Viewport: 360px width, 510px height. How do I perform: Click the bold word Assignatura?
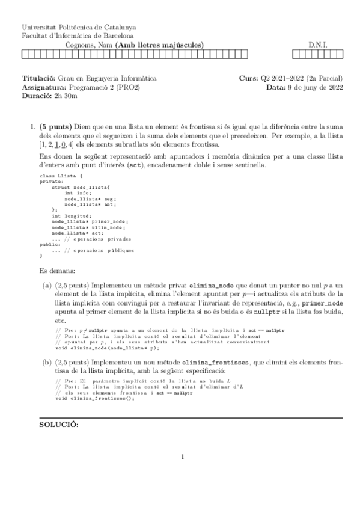43,87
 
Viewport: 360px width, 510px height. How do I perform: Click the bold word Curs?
248,79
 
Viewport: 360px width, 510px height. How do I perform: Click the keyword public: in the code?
49,244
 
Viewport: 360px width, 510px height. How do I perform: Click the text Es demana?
57,270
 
